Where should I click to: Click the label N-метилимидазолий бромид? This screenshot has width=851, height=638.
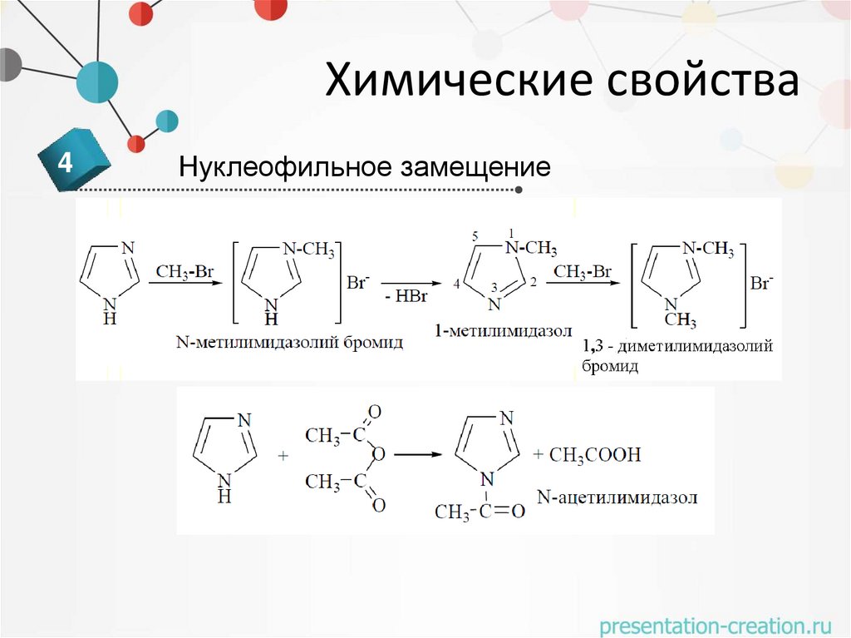[x=289, y=342]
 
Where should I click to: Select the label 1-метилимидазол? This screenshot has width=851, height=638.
[x=502, y=331]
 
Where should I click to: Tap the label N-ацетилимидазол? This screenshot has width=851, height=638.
[x=617, y=497]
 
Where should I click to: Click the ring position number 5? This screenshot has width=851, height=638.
[x=475, y=237]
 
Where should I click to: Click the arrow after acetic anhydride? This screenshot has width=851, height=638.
[x=421, y=455]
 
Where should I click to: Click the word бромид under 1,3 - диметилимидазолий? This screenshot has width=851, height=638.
[x=610, y=366]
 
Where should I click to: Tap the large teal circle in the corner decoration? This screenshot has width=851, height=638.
[x=97, y=82]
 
